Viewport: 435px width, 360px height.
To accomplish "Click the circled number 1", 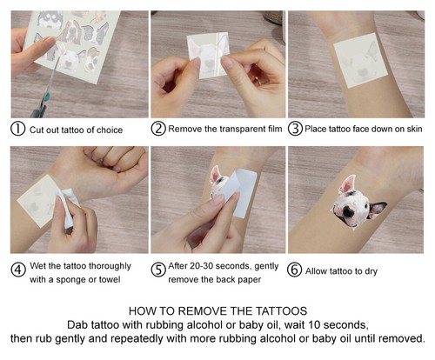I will click(x=17, y=130).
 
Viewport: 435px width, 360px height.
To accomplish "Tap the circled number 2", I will click(x=157, y=130).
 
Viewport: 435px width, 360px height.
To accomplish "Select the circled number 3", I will click(x=296, y=130).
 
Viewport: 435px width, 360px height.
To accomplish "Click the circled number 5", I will click(x=157, y=269).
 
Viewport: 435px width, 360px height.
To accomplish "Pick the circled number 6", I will click(x=296, y=269).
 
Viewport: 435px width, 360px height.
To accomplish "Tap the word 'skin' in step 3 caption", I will click(x=414, y=130).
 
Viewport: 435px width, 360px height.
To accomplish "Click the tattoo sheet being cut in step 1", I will click(x=70, y=39).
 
